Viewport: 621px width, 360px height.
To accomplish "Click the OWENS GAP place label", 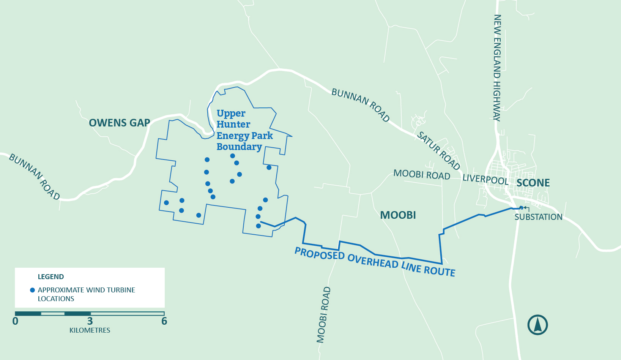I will pos(119,123).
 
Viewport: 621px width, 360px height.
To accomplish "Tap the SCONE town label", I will pos(533,183).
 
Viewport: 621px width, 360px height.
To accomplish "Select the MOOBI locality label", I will pos(398,215).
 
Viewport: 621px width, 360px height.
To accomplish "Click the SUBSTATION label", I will pos(538,217).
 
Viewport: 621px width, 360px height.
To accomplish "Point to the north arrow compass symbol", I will pos(537,325).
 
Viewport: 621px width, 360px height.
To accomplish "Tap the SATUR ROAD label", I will pos(438,151).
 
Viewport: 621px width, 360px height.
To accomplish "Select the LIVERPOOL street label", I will pos(485,179).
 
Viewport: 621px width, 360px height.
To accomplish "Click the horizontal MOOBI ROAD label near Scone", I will pos(422,175).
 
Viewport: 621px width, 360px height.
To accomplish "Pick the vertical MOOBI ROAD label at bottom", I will pos(323,315).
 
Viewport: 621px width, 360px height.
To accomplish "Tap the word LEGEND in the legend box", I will pos(51,277).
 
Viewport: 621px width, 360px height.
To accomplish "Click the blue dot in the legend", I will pos(33,290).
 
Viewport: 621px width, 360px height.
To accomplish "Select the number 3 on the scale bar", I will pos(90,321).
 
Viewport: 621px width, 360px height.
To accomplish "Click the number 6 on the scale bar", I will pos(164,321).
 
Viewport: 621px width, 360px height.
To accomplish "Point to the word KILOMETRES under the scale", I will pos(90,330).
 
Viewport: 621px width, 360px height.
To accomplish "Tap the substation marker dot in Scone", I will pos(521,207).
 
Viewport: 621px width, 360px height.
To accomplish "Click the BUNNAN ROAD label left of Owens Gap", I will pos(34,177).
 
